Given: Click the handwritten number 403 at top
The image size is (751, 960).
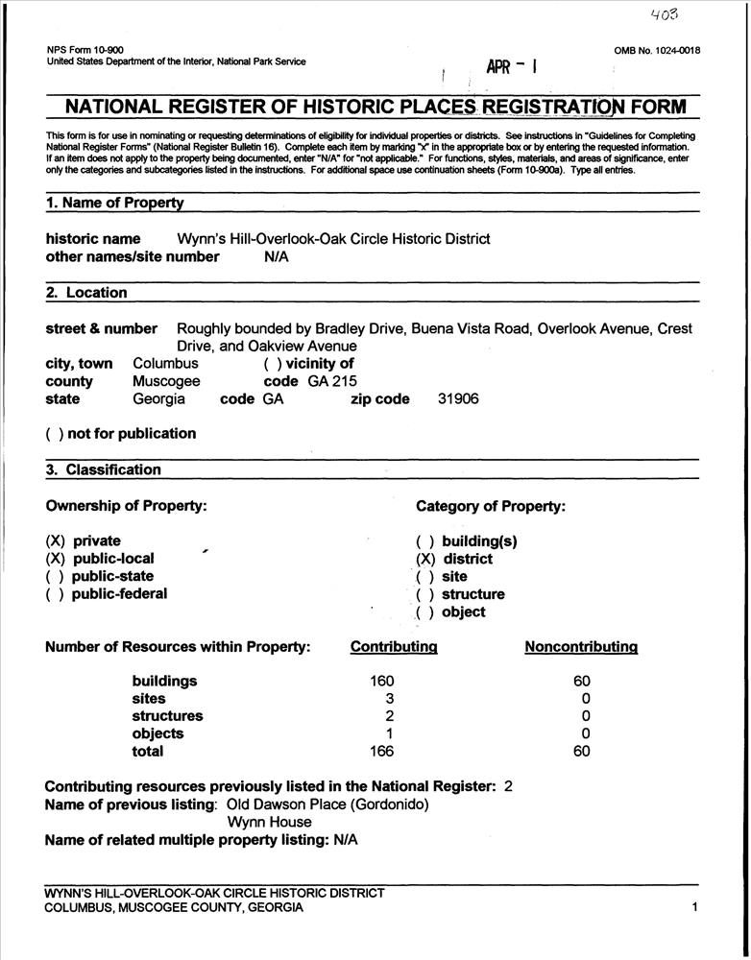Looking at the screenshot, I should pos(664,15).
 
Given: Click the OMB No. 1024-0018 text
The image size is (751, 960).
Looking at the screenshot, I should pos(657,50).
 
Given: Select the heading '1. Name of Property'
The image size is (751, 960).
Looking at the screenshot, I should pos(114,203).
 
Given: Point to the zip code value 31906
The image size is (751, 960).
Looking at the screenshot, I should pos(458,399).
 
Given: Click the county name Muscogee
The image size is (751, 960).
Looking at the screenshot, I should pos(166,381).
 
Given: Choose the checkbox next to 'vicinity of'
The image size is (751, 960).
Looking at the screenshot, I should pos(271,364).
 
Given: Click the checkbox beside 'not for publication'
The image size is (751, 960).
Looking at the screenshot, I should pos(54,434).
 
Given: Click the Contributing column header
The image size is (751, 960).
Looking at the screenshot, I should pos(394,647).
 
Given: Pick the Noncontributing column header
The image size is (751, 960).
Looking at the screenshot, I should pos(581,647).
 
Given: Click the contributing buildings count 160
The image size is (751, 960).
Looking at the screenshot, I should pos(382,681).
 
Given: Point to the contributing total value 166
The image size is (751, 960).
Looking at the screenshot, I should pos(382,752).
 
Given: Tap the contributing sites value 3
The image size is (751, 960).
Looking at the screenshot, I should pos(390,699).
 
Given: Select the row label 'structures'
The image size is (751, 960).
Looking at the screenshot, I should pos(167,716).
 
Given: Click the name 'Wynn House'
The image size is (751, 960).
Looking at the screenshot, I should pos(270,822).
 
